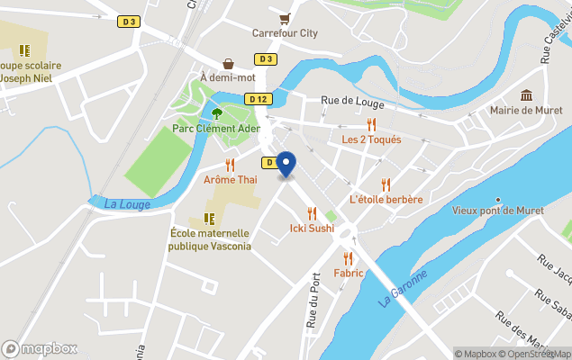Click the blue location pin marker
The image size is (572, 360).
(x=286, y=164)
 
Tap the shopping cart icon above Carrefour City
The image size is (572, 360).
(x=285, y=18)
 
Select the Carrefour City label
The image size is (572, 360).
(x=285, y=33)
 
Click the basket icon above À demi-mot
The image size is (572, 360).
(x=229, y=63)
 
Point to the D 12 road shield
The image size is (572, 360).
(x=259, y=99)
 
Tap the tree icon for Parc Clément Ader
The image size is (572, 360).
(x=216, y=113)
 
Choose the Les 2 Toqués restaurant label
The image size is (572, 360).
(x=371, y=139)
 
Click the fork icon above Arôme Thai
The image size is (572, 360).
(x=231, y=165)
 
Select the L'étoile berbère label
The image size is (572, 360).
(x=386, y=199)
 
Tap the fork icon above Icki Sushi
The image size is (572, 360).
(x=312, y=213)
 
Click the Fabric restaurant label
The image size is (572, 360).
(x=348, y=273)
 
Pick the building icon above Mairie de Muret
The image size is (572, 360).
(x=527, y=95)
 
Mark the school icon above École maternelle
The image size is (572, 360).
(x=209, y=219)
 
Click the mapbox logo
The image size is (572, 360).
(x=40, y=348)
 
